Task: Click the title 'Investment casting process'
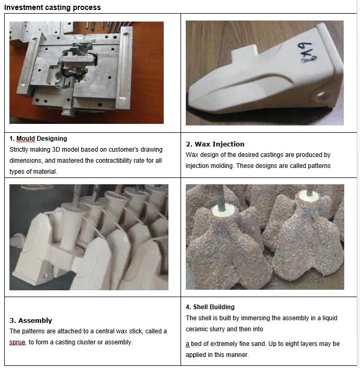tap(52, 7)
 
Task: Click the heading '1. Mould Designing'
tap(38, 139)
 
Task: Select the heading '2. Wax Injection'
tap(215, 144)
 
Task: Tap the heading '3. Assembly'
tap(31, 320)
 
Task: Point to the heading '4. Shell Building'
tap(210, 307)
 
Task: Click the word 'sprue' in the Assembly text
tap(18, 342)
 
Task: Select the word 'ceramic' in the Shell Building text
tap(197, 329)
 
